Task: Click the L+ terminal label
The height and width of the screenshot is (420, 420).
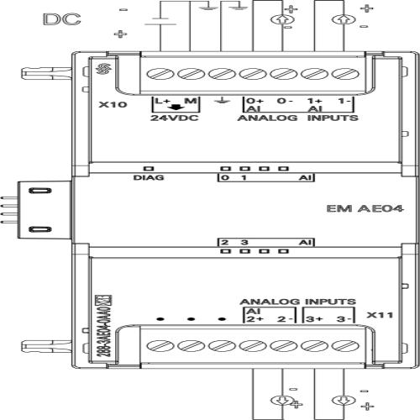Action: [x=160, y=102]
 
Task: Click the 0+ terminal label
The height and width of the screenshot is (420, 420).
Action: [x=254, y=102]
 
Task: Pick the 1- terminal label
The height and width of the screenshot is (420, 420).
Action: [x=344, y=102]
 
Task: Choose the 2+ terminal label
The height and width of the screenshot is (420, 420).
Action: [x=254, y=320]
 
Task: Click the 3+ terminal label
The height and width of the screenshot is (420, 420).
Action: [x=314, y=320]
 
